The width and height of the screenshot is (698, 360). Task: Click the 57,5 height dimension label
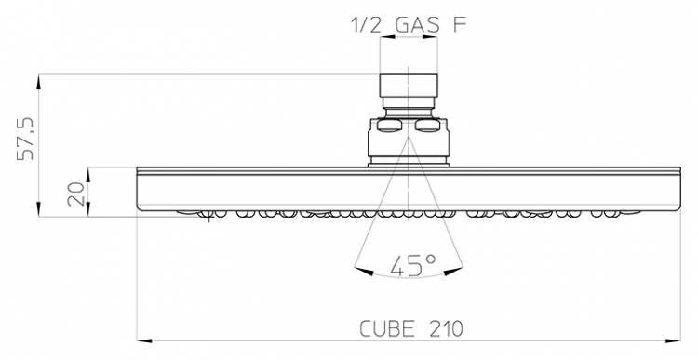tap(26, 139)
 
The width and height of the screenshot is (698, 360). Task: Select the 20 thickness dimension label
tap(75, 193)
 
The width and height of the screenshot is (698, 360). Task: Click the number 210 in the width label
tap(447, 329)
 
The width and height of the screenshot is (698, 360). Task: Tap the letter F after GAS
tap(460, 25)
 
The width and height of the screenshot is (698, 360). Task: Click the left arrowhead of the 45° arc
tap(363, 271)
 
